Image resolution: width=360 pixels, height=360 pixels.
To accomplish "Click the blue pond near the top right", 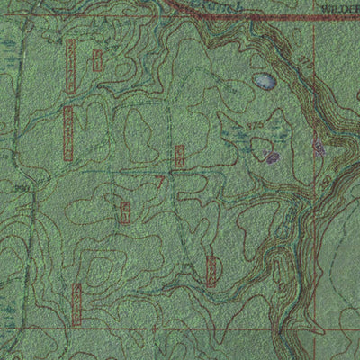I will tap(265, 81).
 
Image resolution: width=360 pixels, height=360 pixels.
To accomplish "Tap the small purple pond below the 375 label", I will tap(272, 158).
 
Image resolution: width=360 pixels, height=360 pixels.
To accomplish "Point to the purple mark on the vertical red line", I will tap(317, 144).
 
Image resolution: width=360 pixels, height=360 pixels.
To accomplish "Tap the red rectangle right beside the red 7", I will tap(179, 157).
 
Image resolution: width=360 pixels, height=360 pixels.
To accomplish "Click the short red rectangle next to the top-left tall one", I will tap(97, 60).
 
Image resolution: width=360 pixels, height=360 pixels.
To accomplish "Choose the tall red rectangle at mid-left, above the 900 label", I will tap(68, 133).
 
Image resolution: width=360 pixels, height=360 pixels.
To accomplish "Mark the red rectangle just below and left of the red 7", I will tap(125, 212).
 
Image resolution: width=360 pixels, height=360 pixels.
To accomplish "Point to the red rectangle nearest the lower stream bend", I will tap(211, 271).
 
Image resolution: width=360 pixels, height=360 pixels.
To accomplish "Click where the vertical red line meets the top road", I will tap(314, 18).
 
